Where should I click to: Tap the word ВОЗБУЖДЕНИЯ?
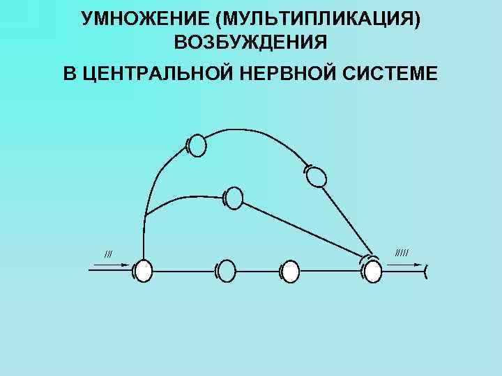[x=251, y=43]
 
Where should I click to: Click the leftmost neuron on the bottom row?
[x=143, y=271]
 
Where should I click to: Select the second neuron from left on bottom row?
[x=227, y=271]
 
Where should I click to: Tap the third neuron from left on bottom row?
[x=289, y=271]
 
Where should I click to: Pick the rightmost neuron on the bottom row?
[x=373, y=271]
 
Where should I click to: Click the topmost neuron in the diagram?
[x=198, y=146]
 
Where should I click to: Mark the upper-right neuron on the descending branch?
[x=317, y=175]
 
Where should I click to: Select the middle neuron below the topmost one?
[x=234, y=199]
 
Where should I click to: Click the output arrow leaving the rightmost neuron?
[x=404, y=265]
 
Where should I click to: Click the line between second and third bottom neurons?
[x=258, y=271]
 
